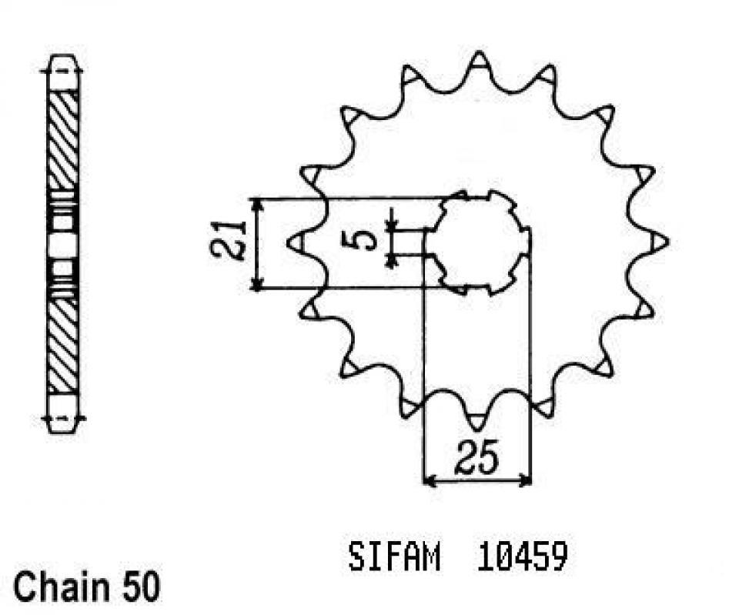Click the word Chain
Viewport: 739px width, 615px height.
tap(59, 588)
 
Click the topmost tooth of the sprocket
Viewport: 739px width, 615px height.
tap(479, 62)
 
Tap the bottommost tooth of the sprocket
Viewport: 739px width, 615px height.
tap(478, 420)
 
